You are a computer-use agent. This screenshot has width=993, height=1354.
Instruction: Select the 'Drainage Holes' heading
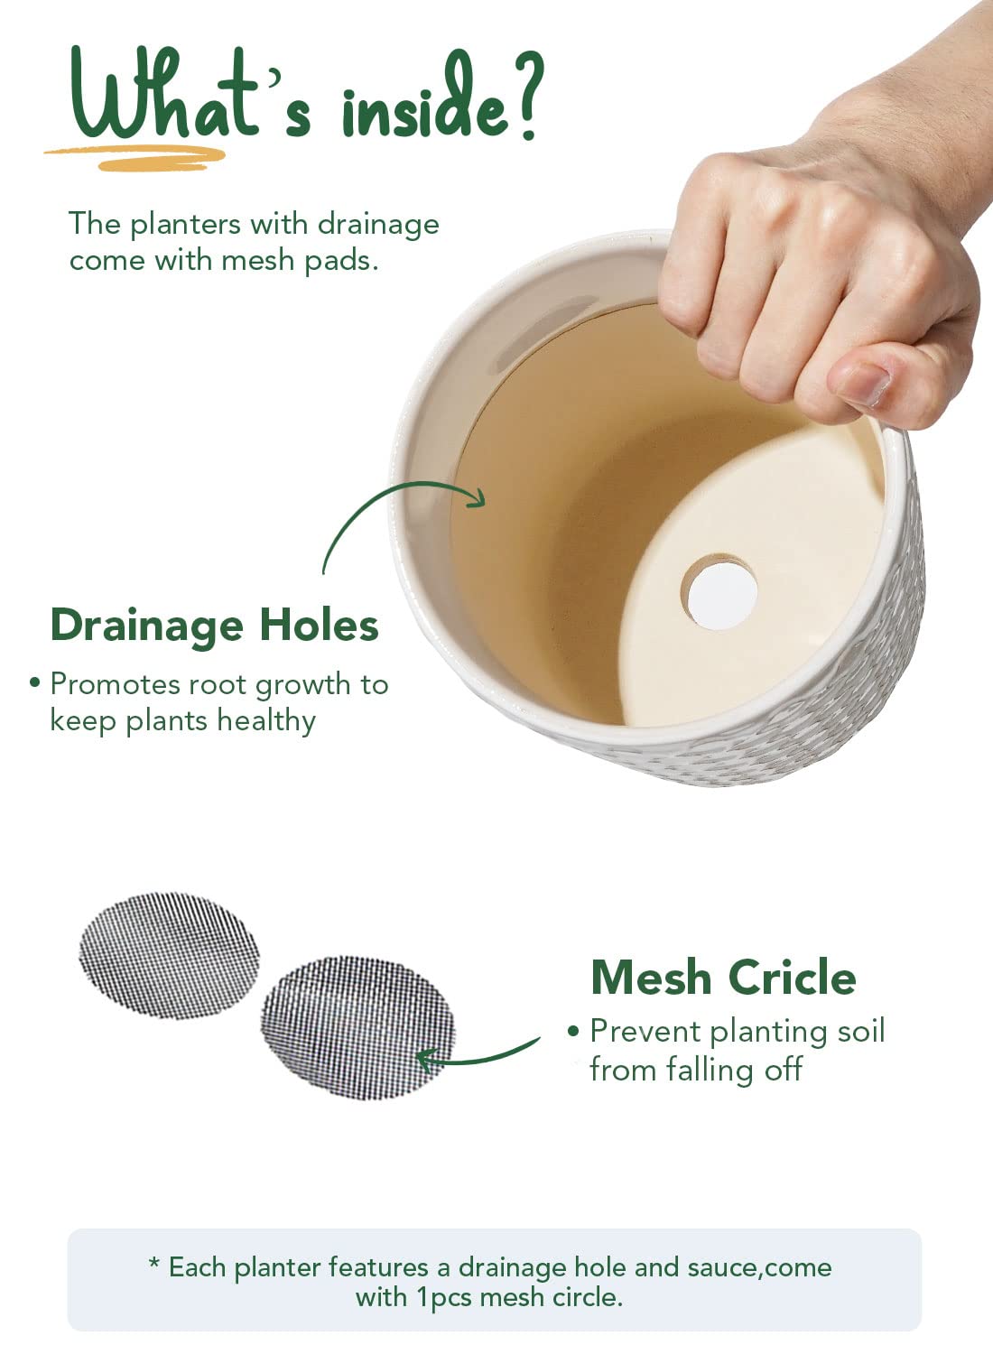pyautogui.click(x=215, y=625)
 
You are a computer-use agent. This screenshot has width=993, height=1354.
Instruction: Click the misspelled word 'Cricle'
pyautogui.click(x=793, y=978)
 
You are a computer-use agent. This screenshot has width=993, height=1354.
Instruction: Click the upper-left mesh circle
pyautogui.click(x=169, y=956)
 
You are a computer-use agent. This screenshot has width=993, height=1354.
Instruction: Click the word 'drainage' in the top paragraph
pyautogui.click(x=378, y=226)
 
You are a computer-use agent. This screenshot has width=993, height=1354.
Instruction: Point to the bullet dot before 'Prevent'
pyautogui.click(x=573, y=1031)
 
